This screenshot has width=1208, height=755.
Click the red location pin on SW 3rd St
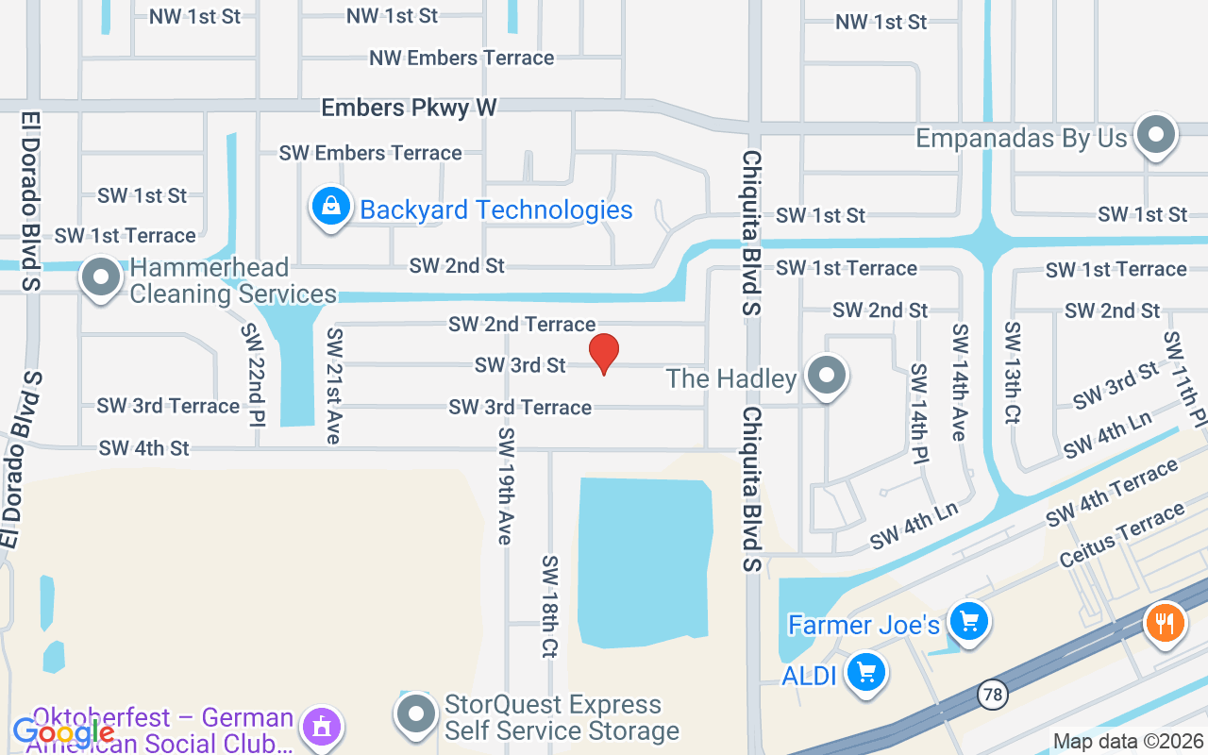pos(604,353)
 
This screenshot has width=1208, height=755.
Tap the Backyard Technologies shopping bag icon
pos(331,207)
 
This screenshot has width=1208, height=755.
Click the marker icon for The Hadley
pos(828,375)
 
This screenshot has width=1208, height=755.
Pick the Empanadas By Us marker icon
pos(1155,136)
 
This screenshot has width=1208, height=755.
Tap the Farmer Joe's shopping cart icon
pos(968,622)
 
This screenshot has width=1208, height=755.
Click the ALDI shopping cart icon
pos(866,674)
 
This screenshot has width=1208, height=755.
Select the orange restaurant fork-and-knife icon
pos(1166,624)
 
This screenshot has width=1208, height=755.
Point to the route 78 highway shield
pos(992,695)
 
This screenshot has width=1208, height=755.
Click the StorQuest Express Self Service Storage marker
pos(416,715)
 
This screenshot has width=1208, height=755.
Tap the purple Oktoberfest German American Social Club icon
pos(321,728)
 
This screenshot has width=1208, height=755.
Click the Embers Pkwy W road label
pos(409,108)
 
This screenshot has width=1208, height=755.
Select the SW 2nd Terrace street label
pos(522,324)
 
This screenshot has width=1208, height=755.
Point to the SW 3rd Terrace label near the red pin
pos(520,407)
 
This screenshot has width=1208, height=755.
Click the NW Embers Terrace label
pos(461,58)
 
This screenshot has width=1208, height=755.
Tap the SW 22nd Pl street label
pos(252,375)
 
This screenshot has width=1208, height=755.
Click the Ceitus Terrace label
pos(1121,535)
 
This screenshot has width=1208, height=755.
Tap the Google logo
pos(63,731)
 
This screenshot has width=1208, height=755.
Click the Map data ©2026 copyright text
pos(1129,741)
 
